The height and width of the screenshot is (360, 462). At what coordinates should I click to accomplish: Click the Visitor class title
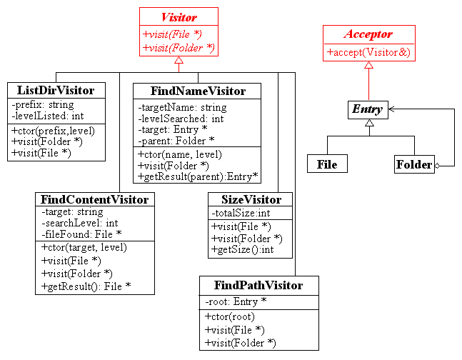[x=179, y=17]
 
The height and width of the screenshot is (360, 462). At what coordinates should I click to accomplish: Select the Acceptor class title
[x=368, y=34]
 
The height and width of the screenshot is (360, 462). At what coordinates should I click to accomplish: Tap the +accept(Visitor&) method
[x=368, y=52]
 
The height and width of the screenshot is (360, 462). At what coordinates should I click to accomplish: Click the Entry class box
[x=368, y=110]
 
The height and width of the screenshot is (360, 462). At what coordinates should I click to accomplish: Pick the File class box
[x=327, y=164]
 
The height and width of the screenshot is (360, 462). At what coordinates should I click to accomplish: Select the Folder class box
[x=414, y=164]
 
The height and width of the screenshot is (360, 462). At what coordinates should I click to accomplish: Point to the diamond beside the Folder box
[x=437, y=166]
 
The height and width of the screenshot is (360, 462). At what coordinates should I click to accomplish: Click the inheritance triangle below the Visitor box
[x=179, y=60]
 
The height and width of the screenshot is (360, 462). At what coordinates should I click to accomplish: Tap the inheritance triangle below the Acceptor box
[x=368, y=65]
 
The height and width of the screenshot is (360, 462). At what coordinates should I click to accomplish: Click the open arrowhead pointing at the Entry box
[x=391, y=109]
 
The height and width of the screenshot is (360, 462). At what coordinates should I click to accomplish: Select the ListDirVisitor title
[x=56, y=90]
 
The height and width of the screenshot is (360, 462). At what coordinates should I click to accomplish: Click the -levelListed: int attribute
[x=48, y=116]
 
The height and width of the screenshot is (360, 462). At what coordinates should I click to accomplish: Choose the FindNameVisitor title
[x=198, y=91]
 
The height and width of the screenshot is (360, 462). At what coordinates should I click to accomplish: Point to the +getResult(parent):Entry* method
[x=198, y=176]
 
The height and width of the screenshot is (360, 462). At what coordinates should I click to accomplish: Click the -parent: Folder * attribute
[x=176, y=141]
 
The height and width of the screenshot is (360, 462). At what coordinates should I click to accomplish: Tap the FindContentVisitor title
[x=94, y=199]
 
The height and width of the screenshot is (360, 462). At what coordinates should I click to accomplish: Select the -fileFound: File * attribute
[x=81, y=234]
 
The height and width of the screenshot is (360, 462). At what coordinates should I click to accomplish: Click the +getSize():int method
[x=243, y=250]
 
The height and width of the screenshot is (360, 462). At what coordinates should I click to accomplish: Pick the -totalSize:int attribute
[x=241, y=213]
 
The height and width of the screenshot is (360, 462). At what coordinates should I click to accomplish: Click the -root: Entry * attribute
[x=236, y=301]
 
